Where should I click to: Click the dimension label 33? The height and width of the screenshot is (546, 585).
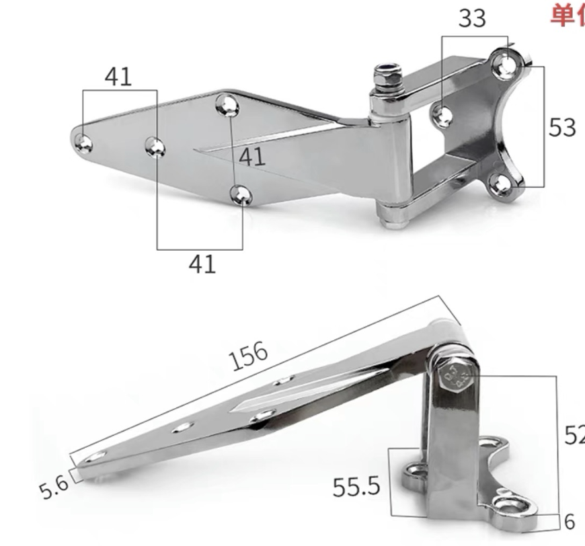tap(471, 18)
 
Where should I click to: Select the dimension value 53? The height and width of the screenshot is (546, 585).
tap(562, 127)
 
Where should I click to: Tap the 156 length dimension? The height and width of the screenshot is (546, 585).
tap(249, 356)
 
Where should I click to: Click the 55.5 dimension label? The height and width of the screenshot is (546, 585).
tap(356, 486)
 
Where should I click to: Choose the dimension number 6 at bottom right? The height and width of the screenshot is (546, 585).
tap(570, 521)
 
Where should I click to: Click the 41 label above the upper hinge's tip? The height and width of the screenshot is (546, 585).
tap(118, 77)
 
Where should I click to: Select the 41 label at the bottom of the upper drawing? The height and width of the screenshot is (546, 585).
tap(202, 264)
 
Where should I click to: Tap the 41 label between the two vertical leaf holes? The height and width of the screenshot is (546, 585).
tap(252, 157)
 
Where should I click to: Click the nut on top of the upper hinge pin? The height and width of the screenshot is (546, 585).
tap(388, 78)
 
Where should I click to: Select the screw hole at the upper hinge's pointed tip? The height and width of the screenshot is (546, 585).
tap(83, 141)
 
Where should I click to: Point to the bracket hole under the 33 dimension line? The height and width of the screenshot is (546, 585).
tap(442, 115)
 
